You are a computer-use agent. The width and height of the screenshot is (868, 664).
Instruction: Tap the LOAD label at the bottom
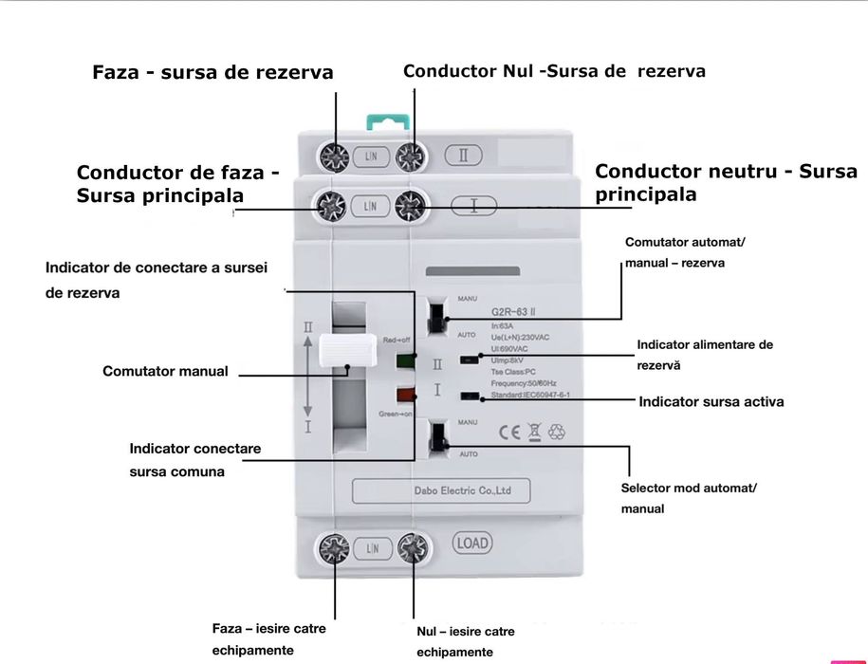471,544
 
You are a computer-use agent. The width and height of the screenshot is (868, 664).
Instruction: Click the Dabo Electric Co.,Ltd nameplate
441,491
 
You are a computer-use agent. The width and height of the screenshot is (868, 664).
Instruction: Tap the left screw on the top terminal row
334,156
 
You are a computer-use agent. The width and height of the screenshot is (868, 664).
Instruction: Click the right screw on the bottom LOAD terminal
412,547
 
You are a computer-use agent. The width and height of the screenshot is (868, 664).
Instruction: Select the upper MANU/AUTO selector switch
437,318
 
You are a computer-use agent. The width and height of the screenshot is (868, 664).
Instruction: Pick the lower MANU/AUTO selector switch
438,437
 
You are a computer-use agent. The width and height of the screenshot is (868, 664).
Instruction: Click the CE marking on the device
509,433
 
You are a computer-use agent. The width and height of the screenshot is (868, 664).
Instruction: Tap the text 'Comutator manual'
165,371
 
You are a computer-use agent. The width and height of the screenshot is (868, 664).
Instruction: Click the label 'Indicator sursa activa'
711,401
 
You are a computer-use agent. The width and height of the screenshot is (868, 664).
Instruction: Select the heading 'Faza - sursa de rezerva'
212,73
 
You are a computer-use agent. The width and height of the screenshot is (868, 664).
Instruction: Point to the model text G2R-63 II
518,310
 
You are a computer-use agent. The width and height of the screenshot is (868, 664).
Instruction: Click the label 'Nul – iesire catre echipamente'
466,641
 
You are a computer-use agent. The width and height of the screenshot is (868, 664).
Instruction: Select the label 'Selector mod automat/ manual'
689,498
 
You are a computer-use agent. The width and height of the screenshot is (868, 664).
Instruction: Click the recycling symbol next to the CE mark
557,433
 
